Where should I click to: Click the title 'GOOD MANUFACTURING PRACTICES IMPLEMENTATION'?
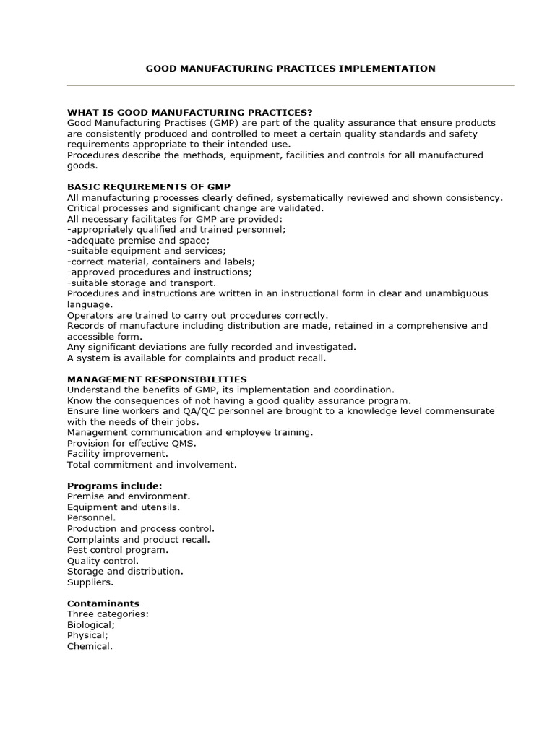pos(291,69)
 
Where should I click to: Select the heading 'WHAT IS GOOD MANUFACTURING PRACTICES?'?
pos(190,112)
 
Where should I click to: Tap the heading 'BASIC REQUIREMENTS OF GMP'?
pos(149,186)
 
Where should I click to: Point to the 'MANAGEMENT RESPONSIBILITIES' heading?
pos(157,379)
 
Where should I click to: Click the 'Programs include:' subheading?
pos(115,486)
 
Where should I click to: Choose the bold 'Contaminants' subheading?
pos(103,603)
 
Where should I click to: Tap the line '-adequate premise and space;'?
pos(138,240)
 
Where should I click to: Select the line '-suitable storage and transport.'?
pos(141,283)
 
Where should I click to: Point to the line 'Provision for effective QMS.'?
pos(132,443)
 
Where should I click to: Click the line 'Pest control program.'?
pos(117,550)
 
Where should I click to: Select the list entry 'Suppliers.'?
pos(90,582)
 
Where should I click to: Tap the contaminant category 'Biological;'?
pos(91,624)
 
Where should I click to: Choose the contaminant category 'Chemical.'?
pos(90,646)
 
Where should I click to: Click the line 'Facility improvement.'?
pos(118,454)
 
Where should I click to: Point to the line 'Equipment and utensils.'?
pos(124,507)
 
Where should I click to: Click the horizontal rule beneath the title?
pos(291,85)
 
